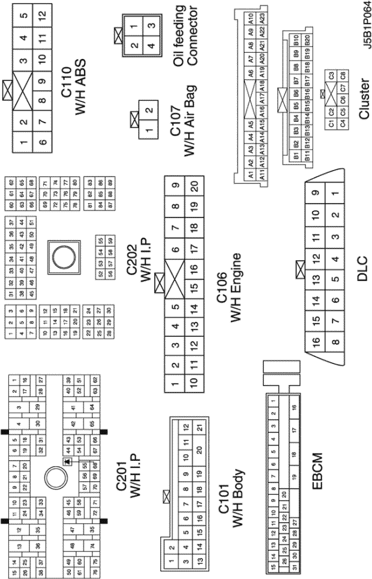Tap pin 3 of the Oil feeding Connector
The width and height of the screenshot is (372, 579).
[x=152, y=26]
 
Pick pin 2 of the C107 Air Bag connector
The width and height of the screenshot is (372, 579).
[x=149, y=110]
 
